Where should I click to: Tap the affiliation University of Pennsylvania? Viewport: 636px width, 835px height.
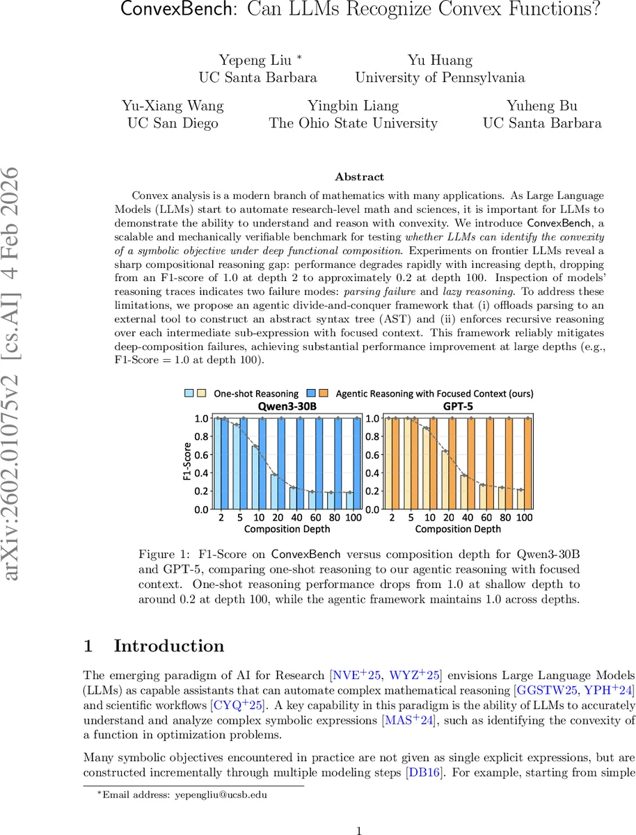point(440,77)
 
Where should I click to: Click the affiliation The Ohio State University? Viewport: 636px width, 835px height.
point(353,123)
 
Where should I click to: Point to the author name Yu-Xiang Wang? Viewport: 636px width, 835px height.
point(172,106)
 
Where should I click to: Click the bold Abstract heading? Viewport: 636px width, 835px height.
point(359,177)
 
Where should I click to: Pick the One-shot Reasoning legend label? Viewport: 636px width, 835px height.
point(256,394)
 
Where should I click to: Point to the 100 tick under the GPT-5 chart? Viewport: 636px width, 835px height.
point(525,518)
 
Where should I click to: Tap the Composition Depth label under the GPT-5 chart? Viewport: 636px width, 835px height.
point(458,529)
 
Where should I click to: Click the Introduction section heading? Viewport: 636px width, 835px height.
point(168,646)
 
